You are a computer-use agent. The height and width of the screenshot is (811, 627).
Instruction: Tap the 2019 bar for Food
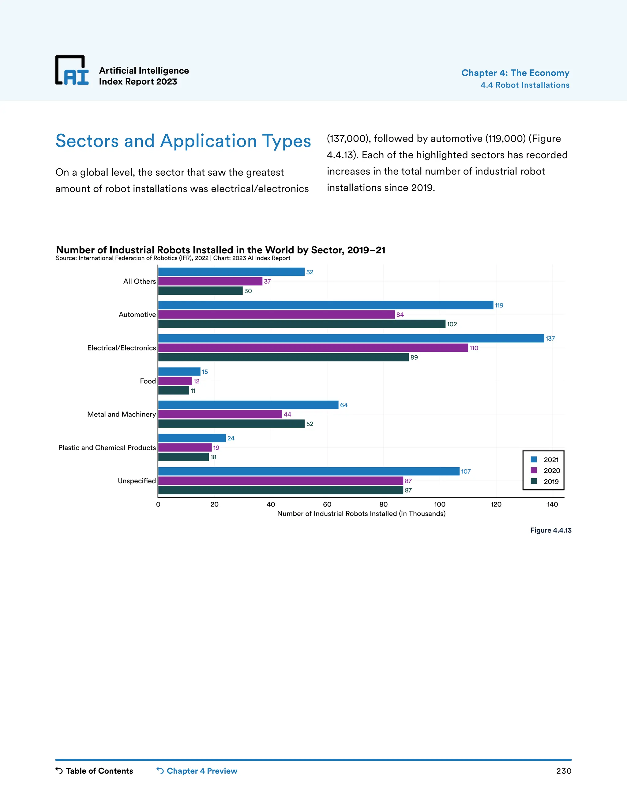[x=174, y=391]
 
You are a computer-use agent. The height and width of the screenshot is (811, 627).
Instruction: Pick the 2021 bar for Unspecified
[x=308, y=471]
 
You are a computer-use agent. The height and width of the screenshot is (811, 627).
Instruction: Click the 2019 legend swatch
[x=534, y=481]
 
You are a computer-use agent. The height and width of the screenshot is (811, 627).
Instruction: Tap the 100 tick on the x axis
[x=440, y=504]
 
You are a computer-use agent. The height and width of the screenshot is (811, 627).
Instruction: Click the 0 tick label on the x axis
[x=158, y=504]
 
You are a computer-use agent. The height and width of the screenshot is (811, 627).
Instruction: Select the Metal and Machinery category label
[x=122, y=414]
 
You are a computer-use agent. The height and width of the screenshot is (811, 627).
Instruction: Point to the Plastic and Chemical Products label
[x=107, y=447]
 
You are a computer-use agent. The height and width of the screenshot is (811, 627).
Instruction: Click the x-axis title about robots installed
[x=361, y=514]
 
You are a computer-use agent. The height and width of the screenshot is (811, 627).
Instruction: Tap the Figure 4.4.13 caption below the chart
[x=550, y=530]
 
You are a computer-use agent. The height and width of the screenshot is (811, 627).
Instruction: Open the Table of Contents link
[x=94, y=771]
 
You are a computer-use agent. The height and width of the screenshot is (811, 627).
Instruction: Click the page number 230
[x=564, y=771]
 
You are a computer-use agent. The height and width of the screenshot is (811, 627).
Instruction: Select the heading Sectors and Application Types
[x=183, y=141]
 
